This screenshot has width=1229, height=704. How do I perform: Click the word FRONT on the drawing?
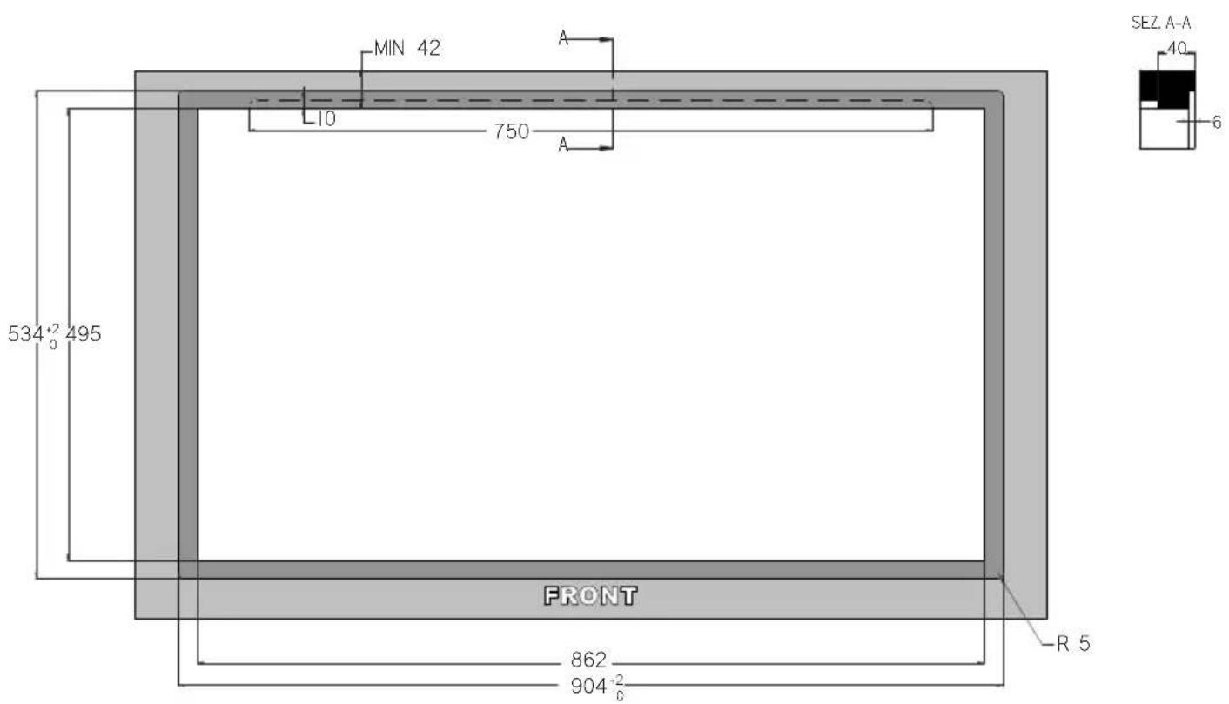point(590,596)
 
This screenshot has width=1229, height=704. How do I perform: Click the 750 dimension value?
point(511,131)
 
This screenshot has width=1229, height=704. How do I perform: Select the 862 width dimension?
point(588,660)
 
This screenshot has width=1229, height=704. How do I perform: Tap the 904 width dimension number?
point(588,686)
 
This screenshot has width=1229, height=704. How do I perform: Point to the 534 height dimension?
point(25,333)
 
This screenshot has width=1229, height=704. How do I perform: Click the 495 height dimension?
point(84,333)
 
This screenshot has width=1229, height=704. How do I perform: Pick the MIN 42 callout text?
point(407,48)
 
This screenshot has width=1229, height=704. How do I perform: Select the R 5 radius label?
point(1074,644)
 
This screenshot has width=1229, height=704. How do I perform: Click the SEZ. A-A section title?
point(1161,23)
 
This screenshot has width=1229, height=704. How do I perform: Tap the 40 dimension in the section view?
point(1176,48)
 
